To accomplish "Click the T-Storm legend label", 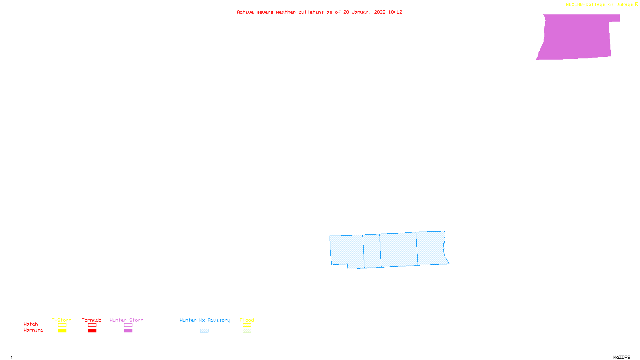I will coord(62,320).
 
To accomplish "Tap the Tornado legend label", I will coord(92,320).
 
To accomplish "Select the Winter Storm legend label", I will coord(126,320).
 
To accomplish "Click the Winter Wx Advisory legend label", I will coord(205,320).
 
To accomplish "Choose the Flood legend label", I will coord(247,320).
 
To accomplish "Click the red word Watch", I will coord(31,324).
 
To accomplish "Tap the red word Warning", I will coord(33,330).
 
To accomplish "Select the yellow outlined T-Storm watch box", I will coord(62,325).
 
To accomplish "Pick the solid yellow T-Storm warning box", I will coord(62,331).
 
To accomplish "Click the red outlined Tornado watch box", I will coord(92,325).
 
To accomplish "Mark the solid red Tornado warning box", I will coord(92,331).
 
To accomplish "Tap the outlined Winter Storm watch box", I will coord(128,325).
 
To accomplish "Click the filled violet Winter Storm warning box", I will coord(128,331).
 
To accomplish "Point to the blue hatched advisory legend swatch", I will coord(204,331).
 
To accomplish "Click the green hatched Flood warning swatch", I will coord(247,331).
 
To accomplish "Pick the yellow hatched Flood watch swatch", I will coord(247,325).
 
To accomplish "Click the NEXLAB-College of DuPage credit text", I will coord(599,5).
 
